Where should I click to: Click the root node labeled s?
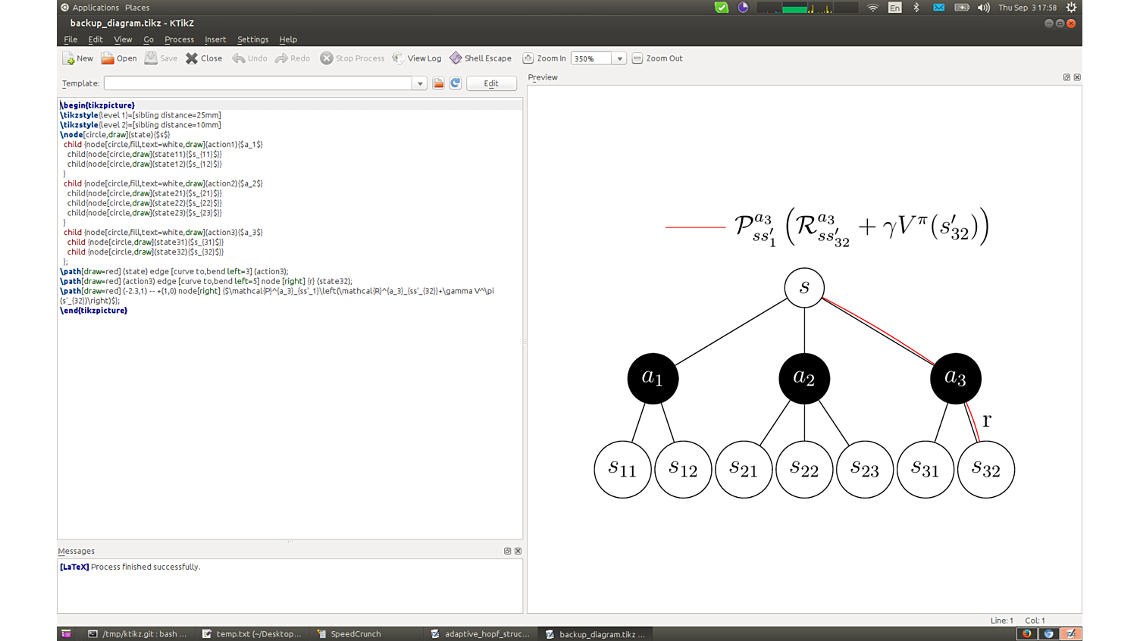804,288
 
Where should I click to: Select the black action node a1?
653,378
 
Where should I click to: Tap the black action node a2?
804,378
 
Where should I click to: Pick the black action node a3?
955,378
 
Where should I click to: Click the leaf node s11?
622,469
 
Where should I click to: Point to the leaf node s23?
865,469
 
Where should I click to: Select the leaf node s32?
986,469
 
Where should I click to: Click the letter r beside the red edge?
987,421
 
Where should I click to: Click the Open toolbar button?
119,58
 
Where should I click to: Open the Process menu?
179,39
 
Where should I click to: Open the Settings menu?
252,39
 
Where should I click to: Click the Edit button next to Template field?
491,83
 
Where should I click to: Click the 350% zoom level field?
591,58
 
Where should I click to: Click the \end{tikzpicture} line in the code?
94,311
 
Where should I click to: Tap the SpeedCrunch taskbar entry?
355,634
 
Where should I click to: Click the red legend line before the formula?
695,227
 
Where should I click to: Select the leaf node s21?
744,469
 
